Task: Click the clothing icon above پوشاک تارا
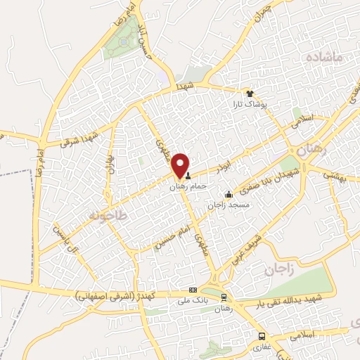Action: click(x=248, y=93)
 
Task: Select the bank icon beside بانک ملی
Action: click(x=193, y=290)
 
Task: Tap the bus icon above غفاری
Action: click(x=261, y=336)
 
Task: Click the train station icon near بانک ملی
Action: click(x=224, y=297)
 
